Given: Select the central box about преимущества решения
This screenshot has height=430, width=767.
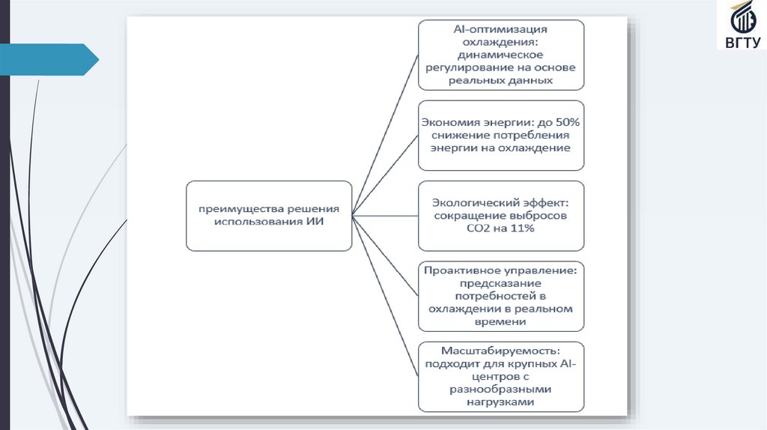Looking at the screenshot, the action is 269,215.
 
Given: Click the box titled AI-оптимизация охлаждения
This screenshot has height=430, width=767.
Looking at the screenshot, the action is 500,54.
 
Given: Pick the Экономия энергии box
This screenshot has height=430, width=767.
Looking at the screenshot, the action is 500,135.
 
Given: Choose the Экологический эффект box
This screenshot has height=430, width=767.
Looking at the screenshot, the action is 500,215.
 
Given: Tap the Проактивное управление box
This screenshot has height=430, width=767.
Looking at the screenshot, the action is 500,296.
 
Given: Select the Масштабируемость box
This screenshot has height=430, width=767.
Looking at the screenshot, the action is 500,377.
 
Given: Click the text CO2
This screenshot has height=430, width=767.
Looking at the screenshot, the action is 482,228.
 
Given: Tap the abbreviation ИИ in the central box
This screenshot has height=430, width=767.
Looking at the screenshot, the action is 315,222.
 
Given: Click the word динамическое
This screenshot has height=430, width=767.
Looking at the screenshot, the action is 500,55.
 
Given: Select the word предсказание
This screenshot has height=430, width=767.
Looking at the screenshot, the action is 500,283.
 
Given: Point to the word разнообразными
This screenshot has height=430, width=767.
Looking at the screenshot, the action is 500,390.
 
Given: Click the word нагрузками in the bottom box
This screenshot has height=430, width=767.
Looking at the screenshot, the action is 500,402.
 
